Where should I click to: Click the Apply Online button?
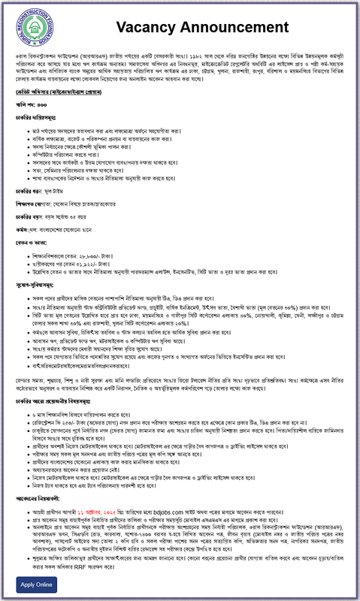[38, 584]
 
